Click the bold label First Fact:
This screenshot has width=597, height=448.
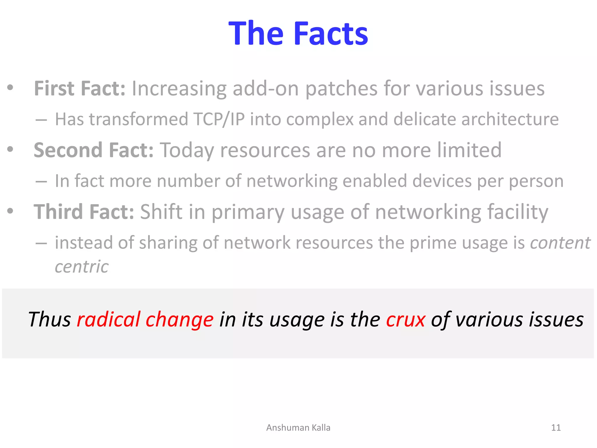[80, 88]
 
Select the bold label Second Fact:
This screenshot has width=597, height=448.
[94, 150]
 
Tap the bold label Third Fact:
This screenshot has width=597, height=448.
[84, 212]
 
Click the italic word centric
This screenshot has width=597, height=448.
[82, 267]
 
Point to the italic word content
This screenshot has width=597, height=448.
[560, 243]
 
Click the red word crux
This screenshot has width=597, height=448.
[405, 319]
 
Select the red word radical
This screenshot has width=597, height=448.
[109, 319]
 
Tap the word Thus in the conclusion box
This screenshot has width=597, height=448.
[50, 319]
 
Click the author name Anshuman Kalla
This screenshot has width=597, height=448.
[298, 428]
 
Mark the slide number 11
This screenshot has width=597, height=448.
[556, 428]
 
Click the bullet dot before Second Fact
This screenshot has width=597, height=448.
[10, 149]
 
